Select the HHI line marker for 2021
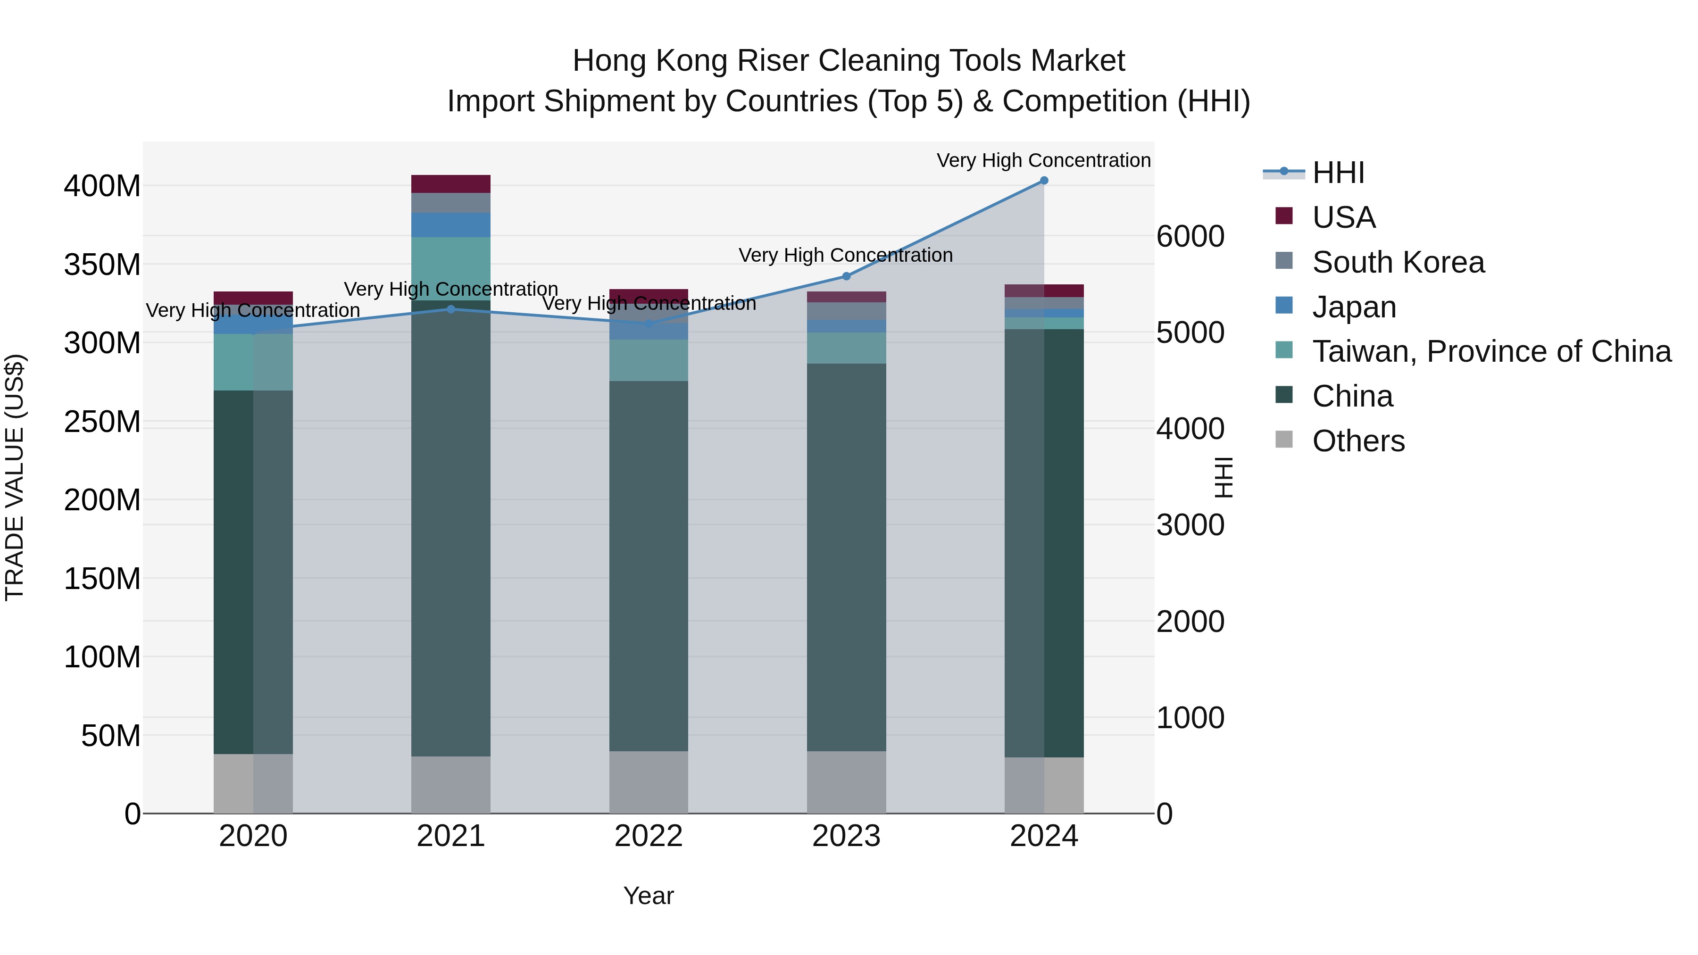pyautogui.click(x=451, y=309)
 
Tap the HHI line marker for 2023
pyautogui.click(x=846, y=276)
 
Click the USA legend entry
pyautogui.click(x=1343, y=217)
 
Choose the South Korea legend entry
pyautogui.click(x=1398, y=262)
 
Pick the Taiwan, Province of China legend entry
pyautogui.click(x=1491, y=351)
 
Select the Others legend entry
pyautogui.click(x=1358, y=441)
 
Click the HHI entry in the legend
pyautogui.click(x=1338, y=173)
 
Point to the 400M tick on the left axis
pyautogui.click(x=102, y=186)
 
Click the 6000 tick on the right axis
pyautogui.click(x=1190, y=237)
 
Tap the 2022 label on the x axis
pyautogui.click(x=648, y=836)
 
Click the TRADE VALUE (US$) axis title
pyautogui.click(x=15, y=477)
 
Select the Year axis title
pyautogui.click(x=648, y=896)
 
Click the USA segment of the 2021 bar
pyautogui.click(x=451, y=184)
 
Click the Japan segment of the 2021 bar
pyautogui.click(x=451, y=225)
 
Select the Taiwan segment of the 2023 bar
pyautogui.click(x=846, y=348)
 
